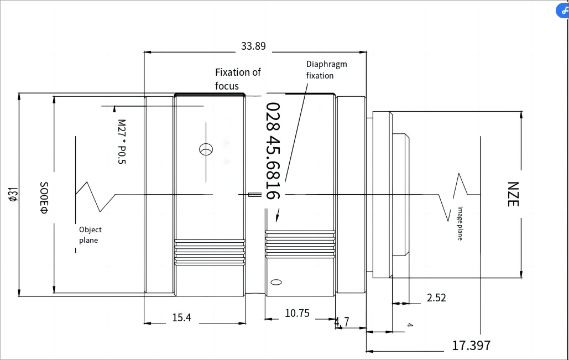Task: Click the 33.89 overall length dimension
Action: tap(253, 46)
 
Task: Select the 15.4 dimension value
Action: tap(181, 317)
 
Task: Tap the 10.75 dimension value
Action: tap(297, 313)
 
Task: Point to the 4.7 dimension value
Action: tap(342, 321)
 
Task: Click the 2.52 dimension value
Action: tap(436, 298)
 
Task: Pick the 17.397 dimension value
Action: tap(471, 346)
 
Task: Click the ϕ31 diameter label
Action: tap(13, 194)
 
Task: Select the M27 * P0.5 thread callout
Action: tap(122, 142)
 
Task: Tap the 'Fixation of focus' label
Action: tap(238, 79)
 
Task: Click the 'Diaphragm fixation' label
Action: tap(327, 70)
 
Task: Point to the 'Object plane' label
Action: tap(90, 235)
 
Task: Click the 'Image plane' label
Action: tap(460, 223)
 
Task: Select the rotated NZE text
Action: tap(513, 194)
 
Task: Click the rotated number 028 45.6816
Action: tap(273, 151)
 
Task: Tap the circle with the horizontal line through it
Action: tap(206, 149)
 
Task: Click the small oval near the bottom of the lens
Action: tap(276, 282)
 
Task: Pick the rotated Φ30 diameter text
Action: tap(44, 198)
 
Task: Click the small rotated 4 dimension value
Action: tap(410, 325)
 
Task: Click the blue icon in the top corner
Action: tap(563, 9)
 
